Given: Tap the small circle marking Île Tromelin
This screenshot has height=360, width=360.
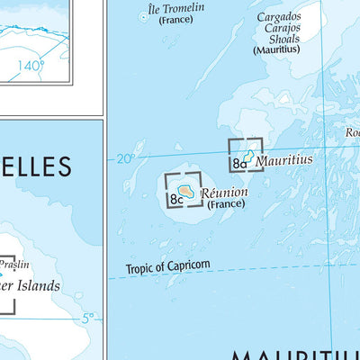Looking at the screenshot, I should coord(146,15).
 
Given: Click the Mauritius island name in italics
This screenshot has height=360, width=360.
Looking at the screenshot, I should coord(283,160).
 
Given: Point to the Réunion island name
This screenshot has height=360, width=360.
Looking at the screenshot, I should coord(223,192).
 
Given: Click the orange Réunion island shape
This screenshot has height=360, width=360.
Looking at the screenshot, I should coord(185,191).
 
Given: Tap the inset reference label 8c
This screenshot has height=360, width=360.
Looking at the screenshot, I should coord(175,198).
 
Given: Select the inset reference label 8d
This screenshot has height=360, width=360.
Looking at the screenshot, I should coord(238,164).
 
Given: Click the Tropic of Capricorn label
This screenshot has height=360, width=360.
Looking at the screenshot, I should coord(168,265).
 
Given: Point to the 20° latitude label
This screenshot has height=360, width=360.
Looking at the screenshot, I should coord(124,158).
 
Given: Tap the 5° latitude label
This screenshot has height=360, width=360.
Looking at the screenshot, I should coord(88,318).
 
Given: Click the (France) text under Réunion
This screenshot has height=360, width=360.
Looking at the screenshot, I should coord(225,204).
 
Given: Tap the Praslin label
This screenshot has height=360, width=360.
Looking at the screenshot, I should coord(13,265).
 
